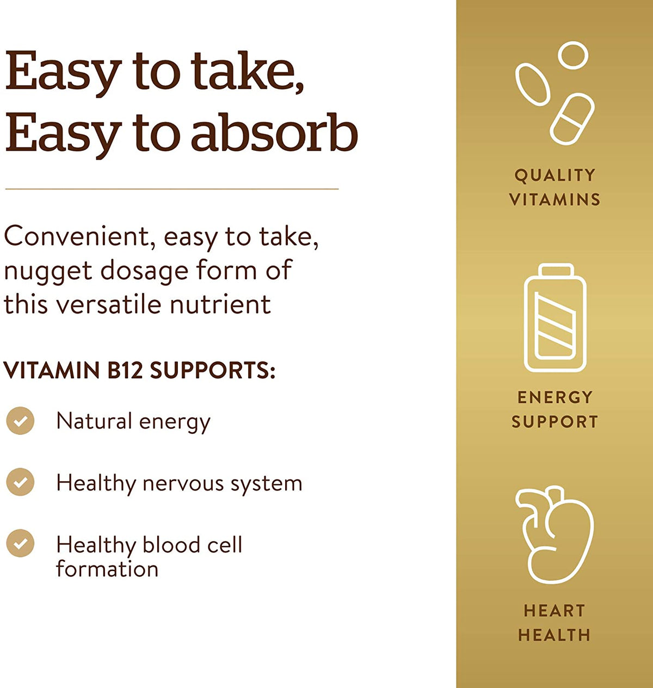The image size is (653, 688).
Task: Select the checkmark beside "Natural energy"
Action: pos(20,421)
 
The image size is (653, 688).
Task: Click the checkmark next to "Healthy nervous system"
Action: pos(20,482)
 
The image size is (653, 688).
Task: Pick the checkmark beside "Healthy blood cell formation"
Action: pos(20,544)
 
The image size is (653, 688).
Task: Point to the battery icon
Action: pos(555,318)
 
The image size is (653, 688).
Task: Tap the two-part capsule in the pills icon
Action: pos(572,119)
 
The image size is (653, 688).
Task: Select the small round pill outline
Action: pos(573,56)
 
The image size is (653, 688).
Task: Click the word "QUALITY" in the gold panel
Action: pos(555,175)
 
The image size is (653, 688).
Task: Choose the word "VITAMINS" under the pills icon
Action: pos(555,200)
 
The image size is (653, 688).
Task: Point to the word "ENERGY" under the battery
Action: pos(555,397)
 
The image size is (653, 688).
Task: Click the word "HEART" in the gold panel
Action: pos(555,611)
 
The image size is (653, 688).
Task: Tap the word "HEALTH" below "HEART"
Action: pos(555,635)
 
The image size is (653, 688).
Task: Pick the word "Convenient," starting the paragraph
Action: pos(77,237)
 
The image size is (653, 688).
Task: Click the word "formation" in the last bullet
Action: pos(107,569)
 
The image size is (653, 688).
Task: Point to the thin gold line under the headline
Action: pos(172,189)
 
